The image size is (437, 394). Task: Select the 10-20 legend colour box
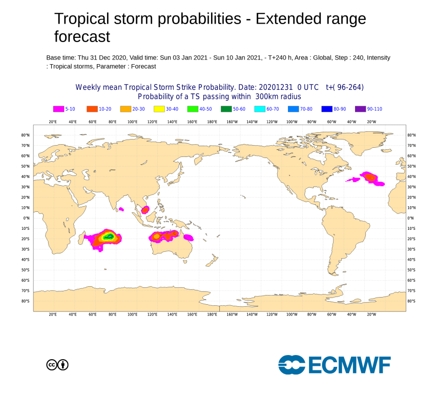pyautogui.click(x=92, y=109)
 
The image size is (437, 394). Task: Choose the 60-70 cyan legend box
pyautogui.click(x=260, y=109)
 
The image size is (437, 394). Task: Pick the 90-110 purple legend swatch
pyautogui.click(x=360, y=109)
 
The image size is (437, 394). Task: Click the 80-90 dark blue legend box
pyautogui.click(x=327, y=109)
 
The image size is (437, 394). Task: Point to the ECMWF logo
pyautogui.click(x=334, y=365)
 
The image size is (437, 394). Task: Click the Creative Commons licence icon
pyautogui.click(x=57, y=365)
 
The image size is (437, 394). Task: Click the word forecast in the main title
pyautogui.click(x=82, y=36)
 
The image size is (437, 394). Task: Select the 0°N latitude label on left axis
pyautogui.click(x=26, y=218)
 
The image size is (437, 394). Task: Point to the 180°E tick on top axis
pyautogui.click(x=212, y=122)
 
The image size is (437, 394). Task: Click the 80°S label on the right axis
pyautogui.click(x=410, y=301)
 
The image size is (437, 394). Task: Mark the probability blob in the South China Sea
pyautogui.click(x=145, y=209)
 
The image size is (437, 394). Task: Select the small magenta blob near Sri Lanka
pyautogui.click(x=121, y=209)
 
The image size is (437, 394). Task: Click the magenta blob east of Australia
pyautogui.click(x=188, y=237)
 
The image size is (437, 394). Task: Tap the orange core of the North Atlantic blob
pyautogui.click(x=369, y=177)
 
